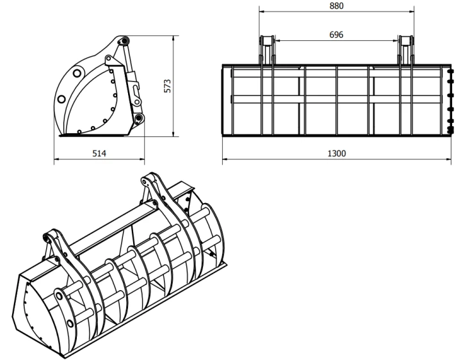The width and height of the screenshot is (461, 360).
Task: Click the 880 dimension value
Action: tap(336, 6)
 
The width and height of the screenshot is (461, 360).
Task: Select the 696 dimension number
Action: tap(336, 35)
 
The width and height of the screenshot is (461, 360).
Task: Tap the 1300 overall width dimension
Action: tap(337, 153)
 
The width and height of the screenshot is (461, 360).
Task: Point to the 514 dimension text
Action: tap(99, 153)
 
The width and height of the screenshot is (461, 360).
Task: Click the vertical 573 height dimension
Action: tap(167, 86)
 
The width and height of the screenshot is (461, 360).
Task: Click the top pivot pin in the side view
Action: tap(124, 40)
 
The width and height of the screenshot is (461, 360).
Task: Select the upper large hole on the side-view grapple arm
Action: tap(77, 72)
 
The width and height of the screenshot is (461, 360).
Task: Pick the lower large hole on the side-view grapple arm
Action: tap(61, 99)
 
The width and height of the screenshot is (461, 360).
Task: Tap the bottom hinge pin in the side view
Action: tap(138, 119)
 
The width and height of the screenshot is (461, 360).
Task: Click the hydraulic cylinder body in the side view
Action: tap(132, 78)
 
